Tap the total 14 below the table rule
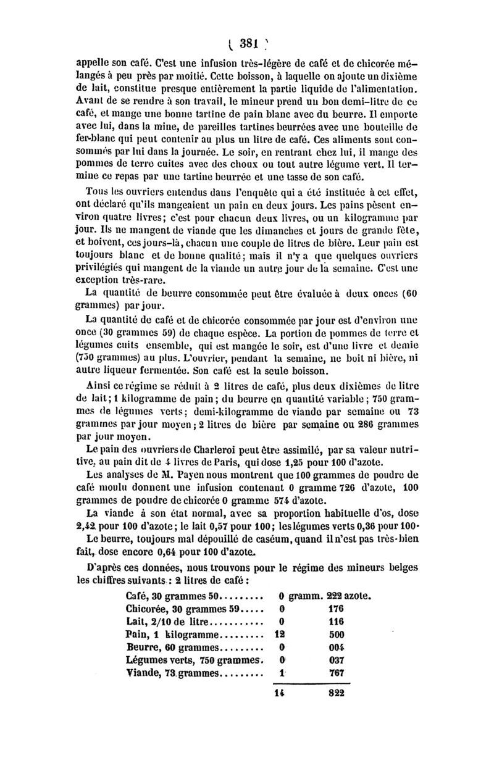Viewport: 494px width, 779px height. (279, 693)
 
